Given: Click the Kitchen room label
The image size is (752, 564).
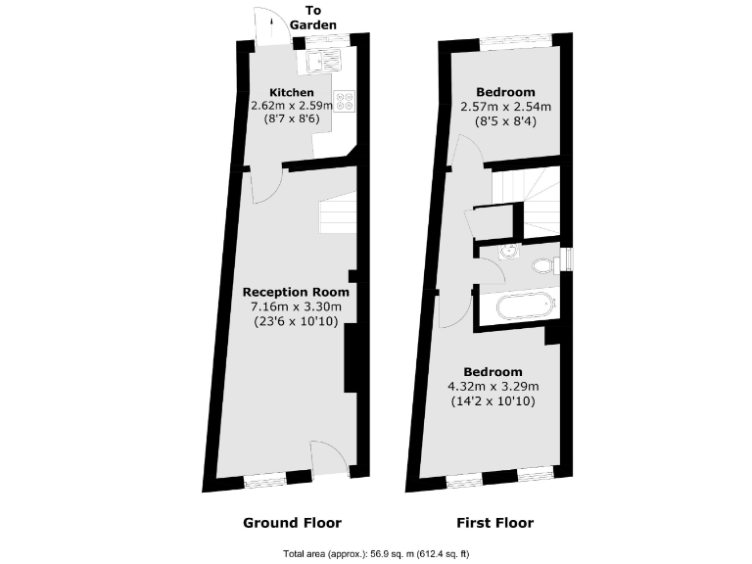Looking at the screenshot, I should (292, 93).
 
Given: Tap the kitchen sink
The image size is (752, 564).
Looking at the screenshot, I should (322, 62).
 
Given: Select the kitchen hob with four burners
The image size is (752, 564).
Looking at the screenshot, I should (344, 102).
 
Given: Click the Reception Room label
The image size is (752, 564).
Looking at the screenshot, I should (296, 292).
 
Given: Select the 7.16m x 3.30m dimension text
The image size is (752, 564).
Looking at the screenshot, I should (296, 306).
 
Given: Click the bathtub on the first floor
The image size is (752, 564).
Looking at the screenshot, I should (526, 306).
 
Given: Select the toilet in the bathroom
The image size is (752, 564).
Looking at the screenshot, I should (544, 264).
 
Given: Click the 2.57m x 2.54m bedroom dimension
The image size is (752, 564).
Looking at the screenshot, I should (505, 107).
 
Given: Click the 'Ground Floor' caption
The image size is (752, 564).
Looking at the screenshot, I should (292, 523).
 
